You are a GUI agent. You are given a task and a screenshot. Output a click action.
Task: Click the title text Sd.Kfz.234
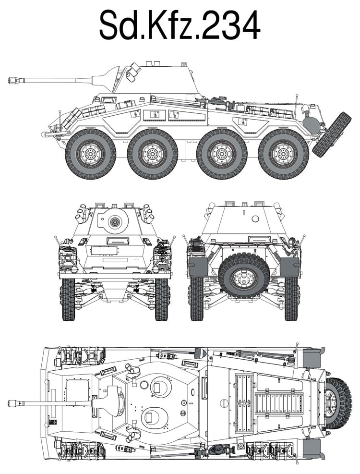click(x=180, y=25)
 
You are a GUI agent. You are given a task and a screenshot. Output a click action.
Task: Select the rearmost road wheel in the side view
click(x=283, y=154)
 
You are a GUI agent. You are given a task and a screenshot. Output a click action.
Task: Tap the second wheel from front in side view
click(x=152, y=154)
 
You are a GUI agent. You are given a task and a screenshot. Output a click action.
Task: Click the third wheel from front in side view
click(x=222, y=154)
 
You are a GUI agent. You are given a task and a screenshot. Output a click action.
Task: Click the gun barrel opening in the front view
click(x=115, y=222)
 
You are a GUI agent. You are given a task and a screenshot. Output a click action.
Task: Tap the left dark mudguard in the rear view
click(x=198, y=267)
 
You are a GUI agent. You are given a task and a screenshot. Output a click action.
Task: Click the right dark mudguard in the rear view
click(x=290, y=267)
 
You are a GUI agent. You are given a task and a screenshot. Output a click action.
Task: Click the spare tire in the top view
click(x=338, y=403)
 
